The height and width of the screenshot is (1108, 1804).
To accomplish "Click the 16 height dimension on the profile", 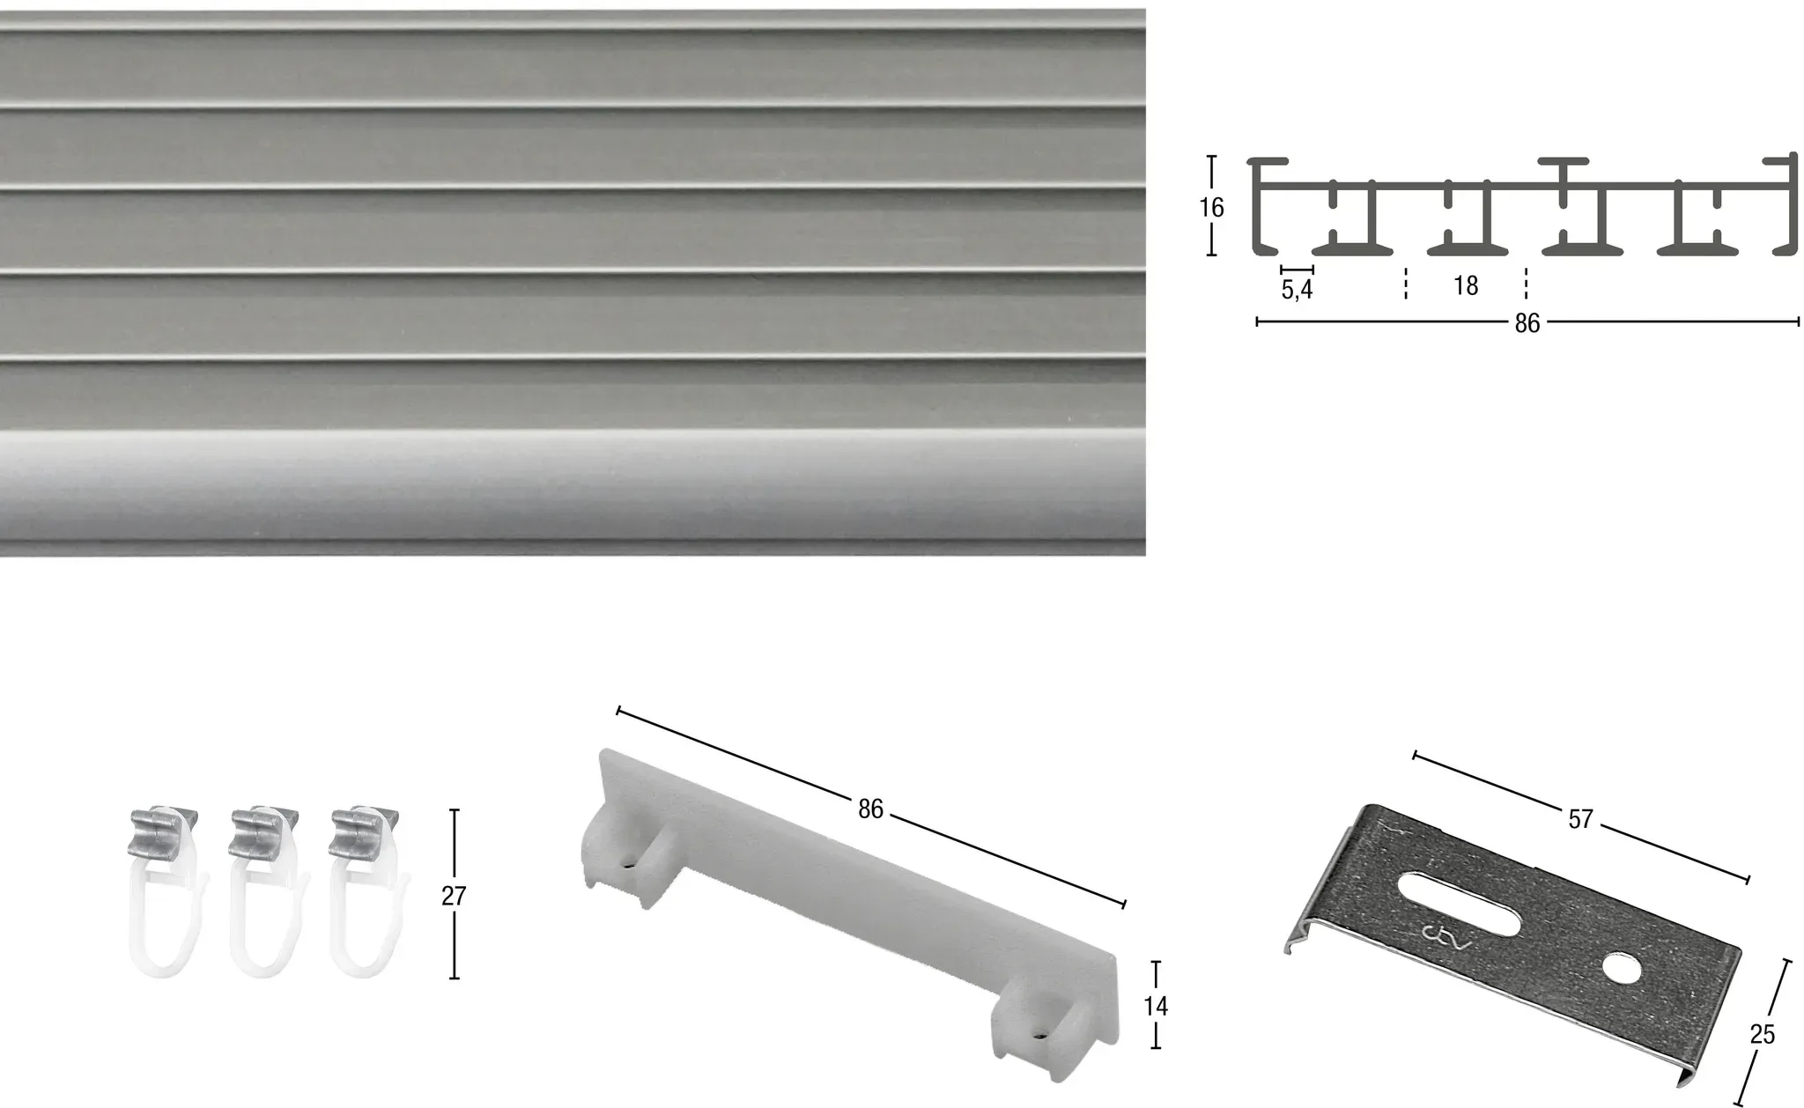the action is (1211, 208).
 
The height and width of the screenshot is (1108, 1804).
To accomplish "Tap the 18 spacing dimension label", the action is (1466, 286).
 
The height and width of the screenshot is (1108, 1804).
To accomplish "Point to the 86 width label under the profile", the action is (1527, 324).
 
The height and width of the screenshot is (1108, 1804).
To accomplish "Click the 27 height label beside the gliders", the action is (454, 896).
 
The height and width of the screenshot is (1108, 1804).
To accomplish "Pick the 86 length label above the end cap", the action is (870, 809).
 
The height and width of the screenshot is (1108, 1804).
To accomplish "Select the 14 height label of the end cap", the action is (1156, 1006).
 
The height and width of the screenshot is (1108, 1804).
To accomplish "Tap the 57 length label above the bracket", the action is (1581, 820).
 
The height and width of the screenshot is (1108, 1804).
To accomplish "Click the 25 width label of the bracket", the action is (1763, 1035).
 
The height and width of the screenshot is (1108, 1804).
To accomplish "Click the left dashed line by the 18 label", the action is (1406, 284).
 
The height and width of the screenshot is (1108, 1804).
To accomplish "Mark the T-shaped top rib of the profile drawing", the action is (1564, 173).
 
